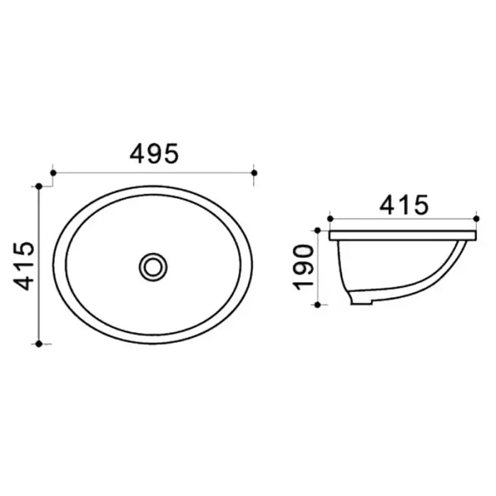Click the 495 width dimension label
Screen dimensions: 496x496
pos(153,154)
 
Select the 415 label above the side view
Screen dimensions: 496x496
pos(404,205)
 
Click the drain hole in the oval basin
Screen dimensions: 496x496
pos(153,266)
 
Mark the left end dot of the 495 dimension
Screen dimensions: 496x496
pos(54,172)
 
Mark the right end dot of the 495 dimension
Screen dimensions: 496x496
pos(254,172)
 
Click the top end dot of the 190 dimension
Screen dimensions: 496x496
pos(318,230)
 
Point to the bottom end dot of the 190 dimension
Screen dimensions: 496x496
pos(318,305)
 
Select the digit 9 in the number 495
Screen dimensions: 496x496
pos(153,154)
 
